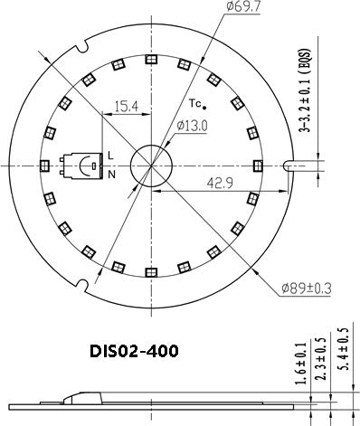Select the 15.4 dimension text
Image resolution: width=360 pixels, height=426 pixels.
(128, 106)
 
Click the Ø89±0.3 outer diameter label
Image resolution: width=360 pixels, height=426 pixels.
(308, 289)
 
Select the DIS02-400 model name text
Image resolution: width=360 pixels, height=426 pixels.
(134, 349)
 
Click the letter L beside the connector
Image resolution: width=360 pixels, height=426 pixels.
(110, 155)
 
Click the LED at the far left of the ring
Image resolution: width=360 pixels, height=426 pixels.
(43, 165)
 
